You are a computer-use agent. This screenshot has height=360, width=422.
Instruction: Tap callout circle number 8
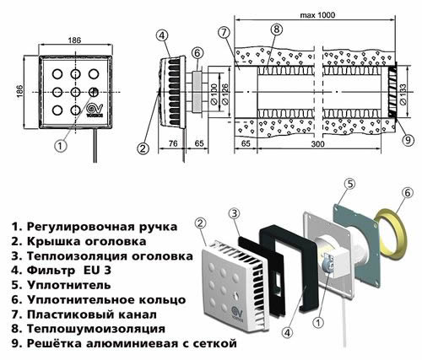point(276,31)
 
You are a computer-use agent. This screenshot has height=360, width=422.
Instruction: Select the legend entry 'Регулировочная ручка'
point(95,227)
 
